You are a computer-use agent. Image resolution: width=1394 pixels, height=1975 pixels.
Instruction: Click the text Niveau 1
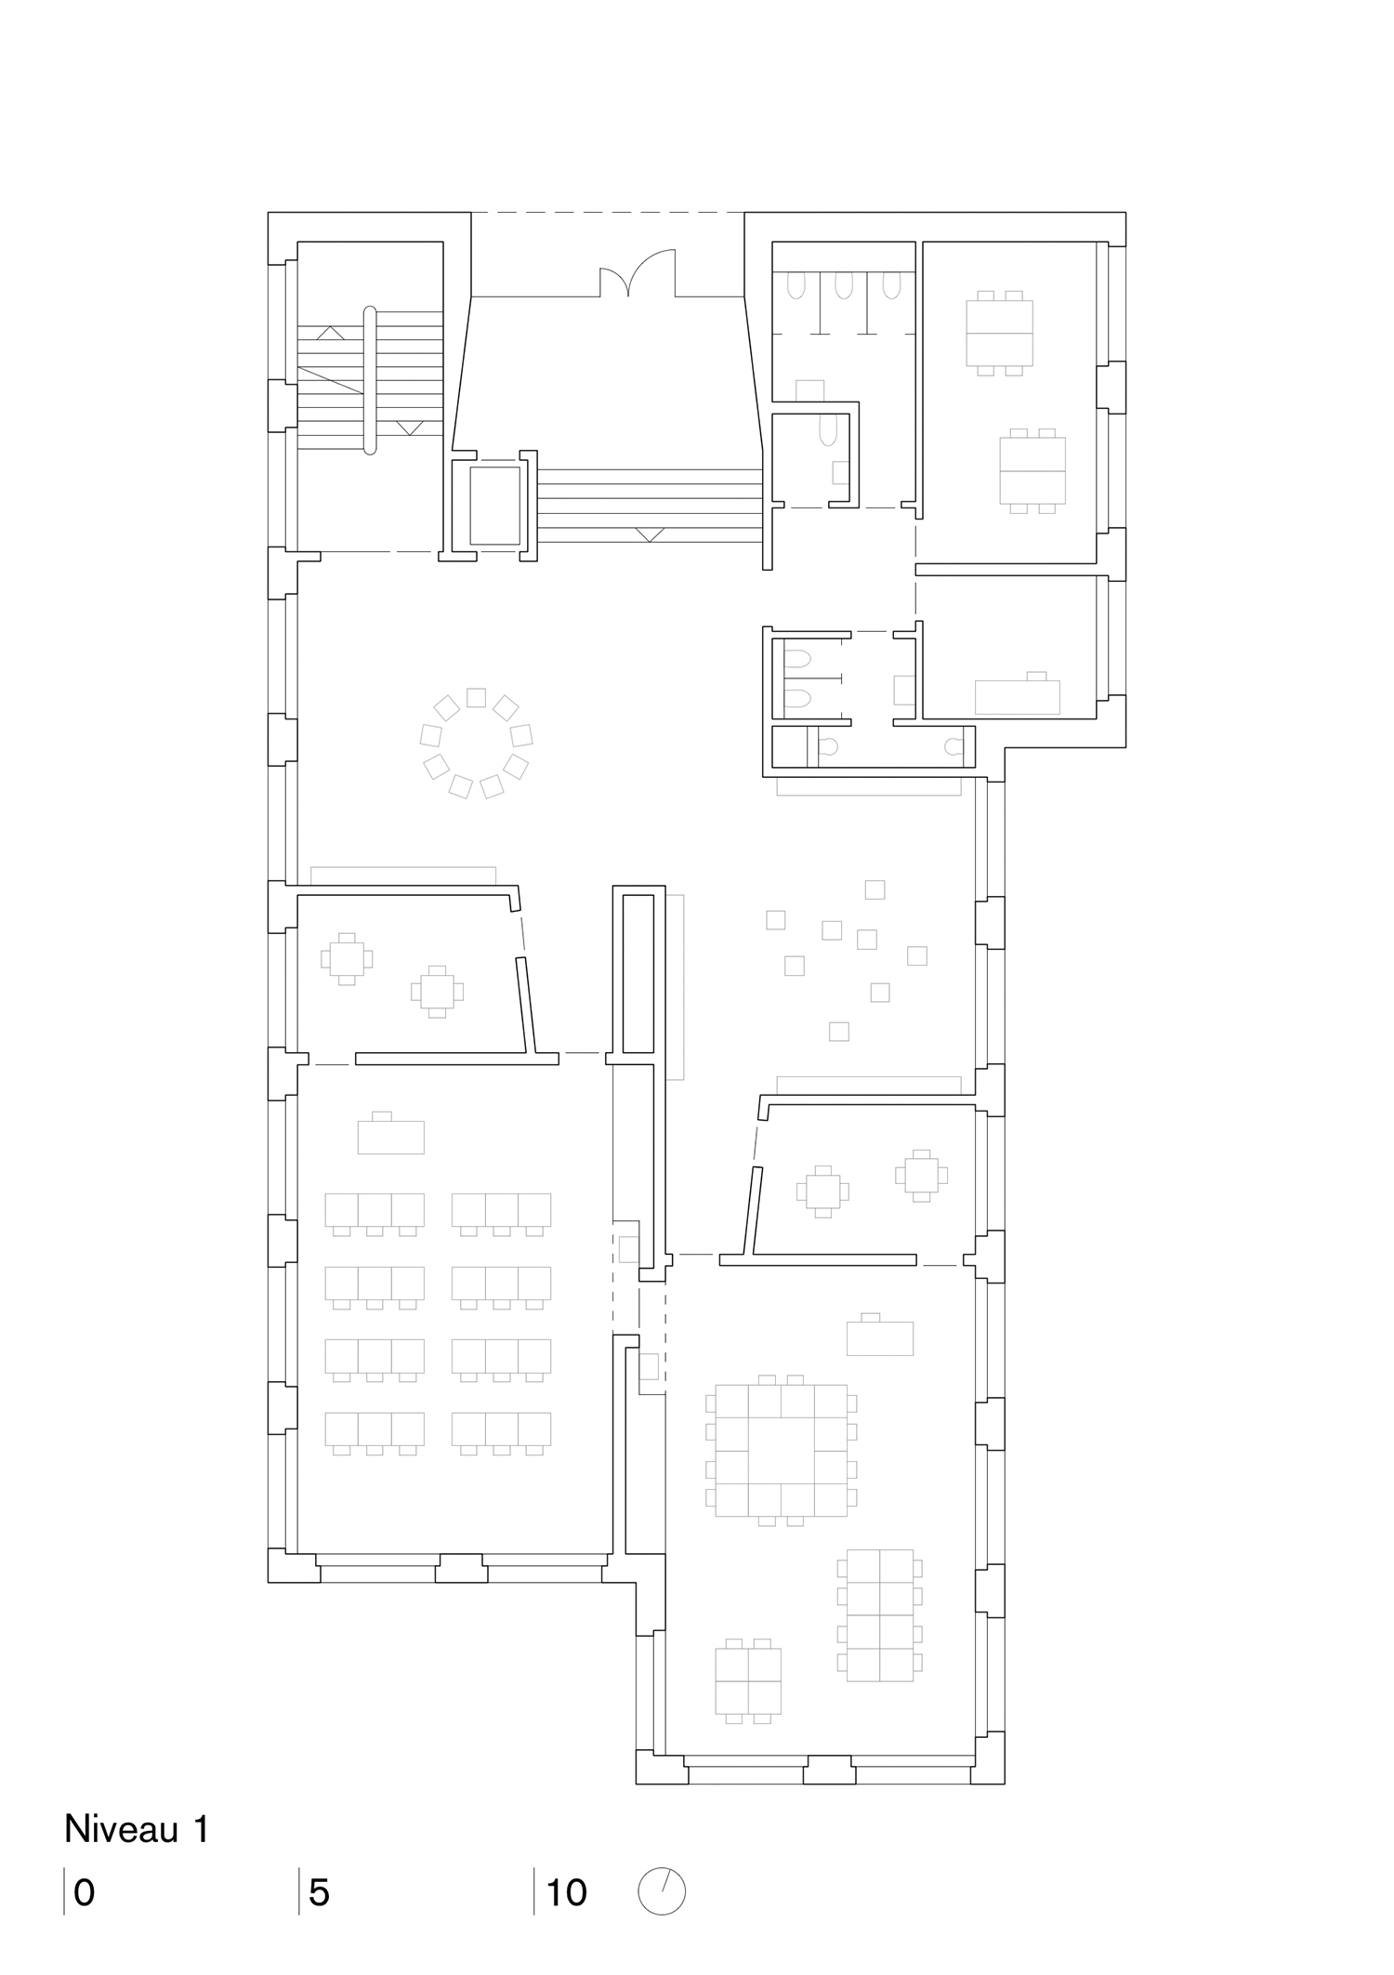pyautogui.click(x=137, y=1829)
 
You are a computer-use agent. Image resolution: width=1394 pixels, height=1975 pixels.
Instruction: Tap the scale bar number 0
pyautogui.click(x=84, y=1892)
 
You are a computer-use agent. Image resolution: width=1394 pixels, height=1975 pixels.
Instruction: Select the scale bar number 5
pyautogui.click(x=319, y=1892)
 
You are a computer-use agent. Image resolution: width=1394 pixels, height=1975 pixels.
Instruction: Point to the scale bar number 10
pyautogui.click(x=567, y=1892)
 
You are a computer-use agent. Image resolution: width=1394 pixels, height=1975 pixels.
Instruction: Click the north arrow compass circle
pyautogui.click(x=662, y=1890)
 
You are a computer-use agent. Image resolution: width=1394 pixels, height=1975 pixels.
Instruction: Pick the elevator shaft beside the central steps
pyautogui.click(x=494, y=507)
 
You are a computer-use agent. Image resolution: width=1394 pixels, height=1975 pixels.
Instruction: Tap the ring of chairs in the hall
pyautogui.click(x=476, y=743)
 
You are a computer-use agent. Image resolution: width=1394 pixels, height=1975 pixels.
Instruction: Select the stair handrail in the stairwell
pyautogui.click(x=370, y=380)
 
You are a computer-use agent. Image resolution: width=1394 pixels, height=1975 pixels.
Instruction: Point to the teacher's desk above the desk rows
pyautogui.click(x=390, y=1136)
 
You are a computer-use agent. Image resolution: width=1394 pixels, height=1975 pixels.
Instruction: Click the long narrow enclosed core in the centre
pyautogui.click(x=638, y=972)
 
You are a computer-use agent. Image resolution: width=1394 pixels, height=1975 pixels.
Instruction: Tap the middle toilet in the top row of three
pyautogui.click(x=843, y=284)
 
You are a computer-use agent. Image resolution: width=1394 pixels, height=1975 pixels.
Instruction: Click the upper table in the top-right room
pyautogui.click(x=1000, y=333)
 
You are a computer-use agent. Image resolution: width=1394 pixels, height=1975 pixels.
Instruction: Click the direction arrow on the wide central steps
pyautogui.click(x=649, y=534)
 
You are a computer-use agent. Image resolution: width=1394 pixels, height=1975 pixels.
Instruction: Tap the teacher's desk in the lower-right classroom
pyautogui.click(x=879, y=1337)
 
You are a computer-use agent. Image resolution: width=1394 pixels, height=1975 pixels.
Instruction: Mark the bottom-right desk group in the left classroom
pyautogui.click(x=501, y=1431)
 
